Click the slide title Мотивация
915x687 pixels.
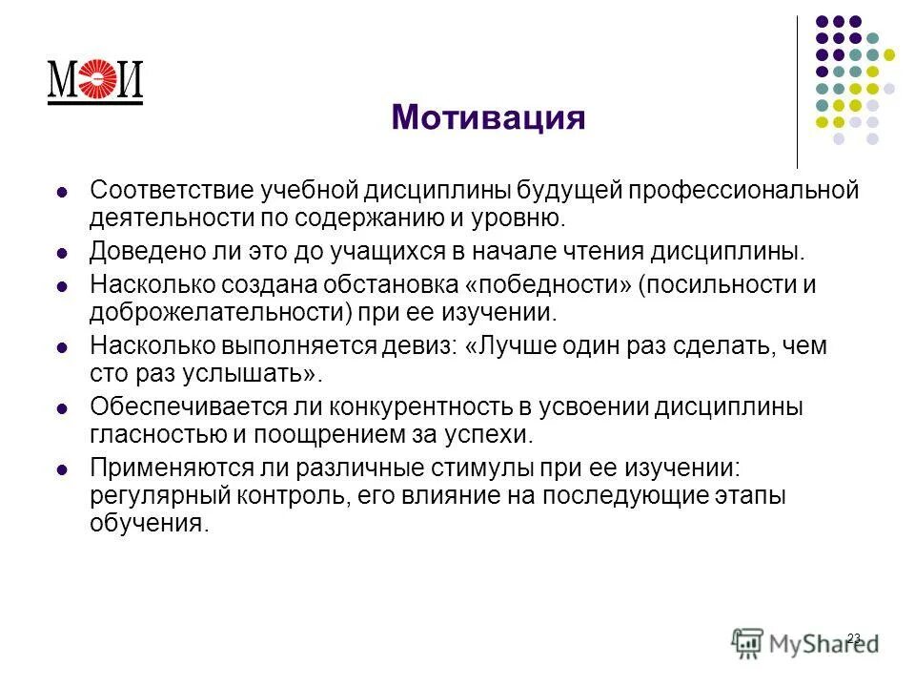(487, 118)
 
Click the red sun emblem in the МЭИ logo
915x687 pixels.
(95, 80)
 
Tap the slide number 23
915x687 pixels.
(853, 637)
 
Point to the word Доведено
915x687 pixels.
(142, 252)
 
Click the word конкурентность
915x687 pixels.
(437, 407)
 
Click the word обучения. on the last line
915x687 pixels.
(148, 524)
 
